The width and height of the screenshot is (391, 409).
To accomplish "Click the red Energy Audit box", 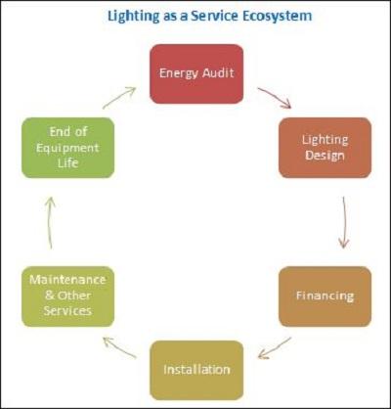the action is (196, 74).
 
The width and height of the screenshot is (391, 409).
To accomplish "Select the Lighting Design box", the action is (325, 148).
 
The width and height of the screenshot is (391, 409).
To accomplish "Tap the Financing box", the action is (325, 296).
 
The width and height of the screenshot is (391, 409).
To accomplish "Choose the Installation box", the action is (196, 370).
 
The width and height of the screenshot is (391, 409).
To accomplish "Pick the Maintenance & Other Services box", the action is (67, 296).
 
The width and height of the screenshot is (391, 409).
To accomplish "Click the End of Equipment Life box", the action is (67, 148).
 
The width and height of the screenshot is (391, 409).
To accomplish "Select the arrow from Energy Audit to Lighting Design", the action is (275, 97).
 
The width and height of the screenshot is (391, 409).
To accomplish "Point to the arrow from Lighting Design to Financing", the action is (343, 222).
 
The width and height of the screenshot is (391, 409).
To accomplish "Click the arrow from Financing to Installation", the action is (275, 348).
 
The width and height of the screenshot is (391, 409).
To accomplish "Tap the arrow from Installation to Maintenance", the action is (119, 347).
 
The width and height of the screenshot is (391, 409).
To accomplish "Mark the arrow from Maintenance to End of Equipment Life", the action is (50, 223).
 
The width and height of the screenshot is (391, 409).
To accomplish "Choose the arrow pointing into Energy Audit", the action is (119, 98).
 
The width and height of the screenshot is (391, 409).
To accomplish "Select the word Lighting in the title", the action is (134, 17).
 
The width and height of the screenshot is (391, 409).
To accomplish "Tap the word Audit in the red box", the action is (217, 72).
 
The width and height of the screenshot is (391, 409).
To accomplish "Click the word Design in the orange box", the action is (325, 156).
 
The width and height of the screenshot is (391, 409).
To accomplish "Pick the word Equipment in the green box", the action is (67, 149).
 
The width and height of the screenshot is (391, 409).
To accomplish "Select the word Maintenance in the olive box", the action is (67, 280).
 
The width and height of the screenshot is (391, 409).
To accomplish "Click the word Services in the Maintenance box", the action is (67, 310).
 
